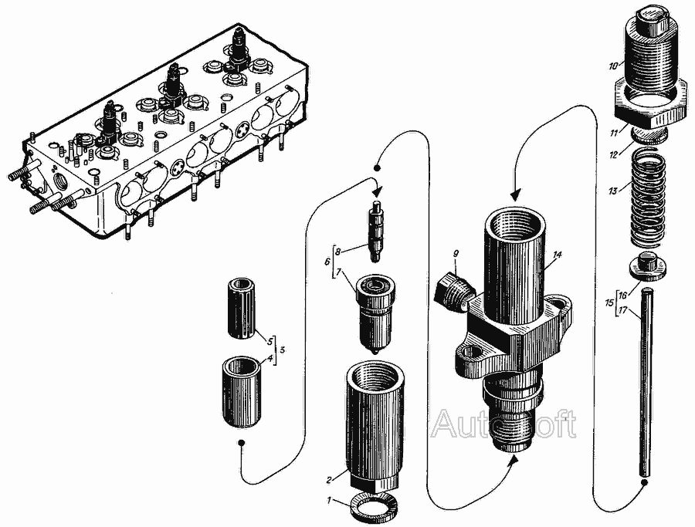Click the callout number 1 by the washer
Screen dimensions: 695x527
pyautogui.click(x=329, y=501)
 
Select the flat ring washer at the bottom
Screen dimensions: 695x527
pyautogui.click(x=374, y=508)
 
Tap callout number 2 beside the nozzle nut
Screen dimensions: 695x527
pyautogui.click(x=329, y=479)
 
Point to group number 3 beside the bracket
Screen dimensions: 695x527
pyautogui.click(x=283, y=349)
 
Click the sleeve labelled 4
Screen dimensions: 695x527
pyautogui.click(x=241, y=393)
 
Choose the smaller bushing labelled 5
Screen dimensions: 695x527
pyautogui.click(x=241, y=309)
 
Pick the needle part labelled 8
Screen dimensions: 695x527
pyautogui.click(x=376, y=231)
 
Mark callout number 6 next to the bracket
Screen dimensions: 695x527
pyautogui.click(x=327, y=262)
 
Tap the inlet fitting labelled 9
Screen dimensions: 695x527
pyautogui.click(x=454, y=290)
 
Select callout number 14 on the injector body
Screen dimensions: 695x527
pyautogui.click(x=558, y=255)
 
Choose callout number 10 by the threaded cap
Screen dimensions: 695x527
pyautogui.click(x=613, y=66)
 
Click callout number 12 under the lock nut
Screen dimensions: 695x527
pyautogui.click(x=613, y=155)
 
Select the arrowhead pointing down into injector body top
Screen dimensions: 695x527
pyautogui.click(x=516, y=195)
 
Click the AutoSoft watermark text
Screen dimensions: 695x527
pyautogui.click(x=504, y=424)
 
